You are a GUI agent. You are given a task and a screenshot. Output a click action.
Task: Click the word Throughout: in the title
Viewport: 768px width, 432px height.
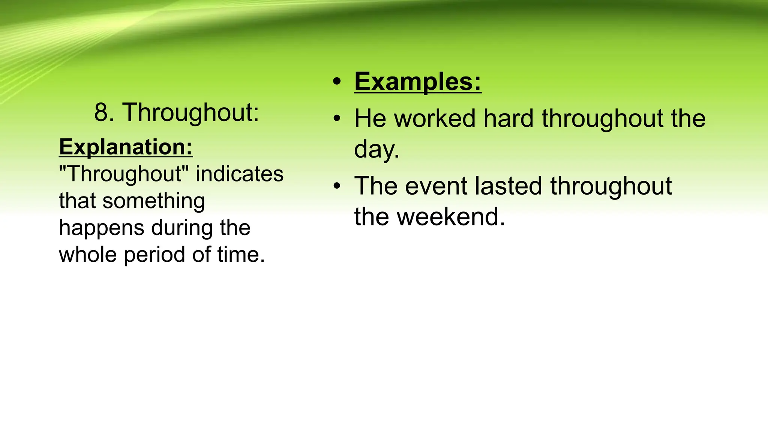190,112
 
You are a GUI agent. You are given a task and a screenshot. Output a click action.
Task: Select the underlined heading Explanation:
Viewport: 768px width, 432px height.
126,147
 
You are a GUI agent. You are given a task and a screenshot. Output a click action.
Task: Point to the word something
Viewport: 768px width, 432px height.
154,201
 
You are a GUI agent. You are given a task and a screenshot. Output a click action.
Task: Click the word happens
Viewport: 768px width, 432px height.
101,228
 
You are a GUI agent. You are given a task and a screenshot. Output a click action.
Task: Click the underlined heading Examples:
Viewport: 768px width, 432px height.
417,81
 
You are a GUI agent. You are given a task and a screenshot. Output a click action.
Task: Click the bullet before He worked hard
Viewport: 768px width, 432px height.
337,119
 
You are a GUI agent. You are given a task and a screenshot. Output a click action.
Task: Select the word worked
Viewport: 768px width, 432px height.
435,119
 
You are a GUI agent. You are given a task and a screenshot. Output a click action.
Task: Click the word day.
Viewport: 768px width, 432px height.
376,150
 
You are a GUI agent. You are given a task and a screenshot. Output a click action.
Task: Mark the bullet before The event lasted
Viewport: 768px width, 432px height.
337,186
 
